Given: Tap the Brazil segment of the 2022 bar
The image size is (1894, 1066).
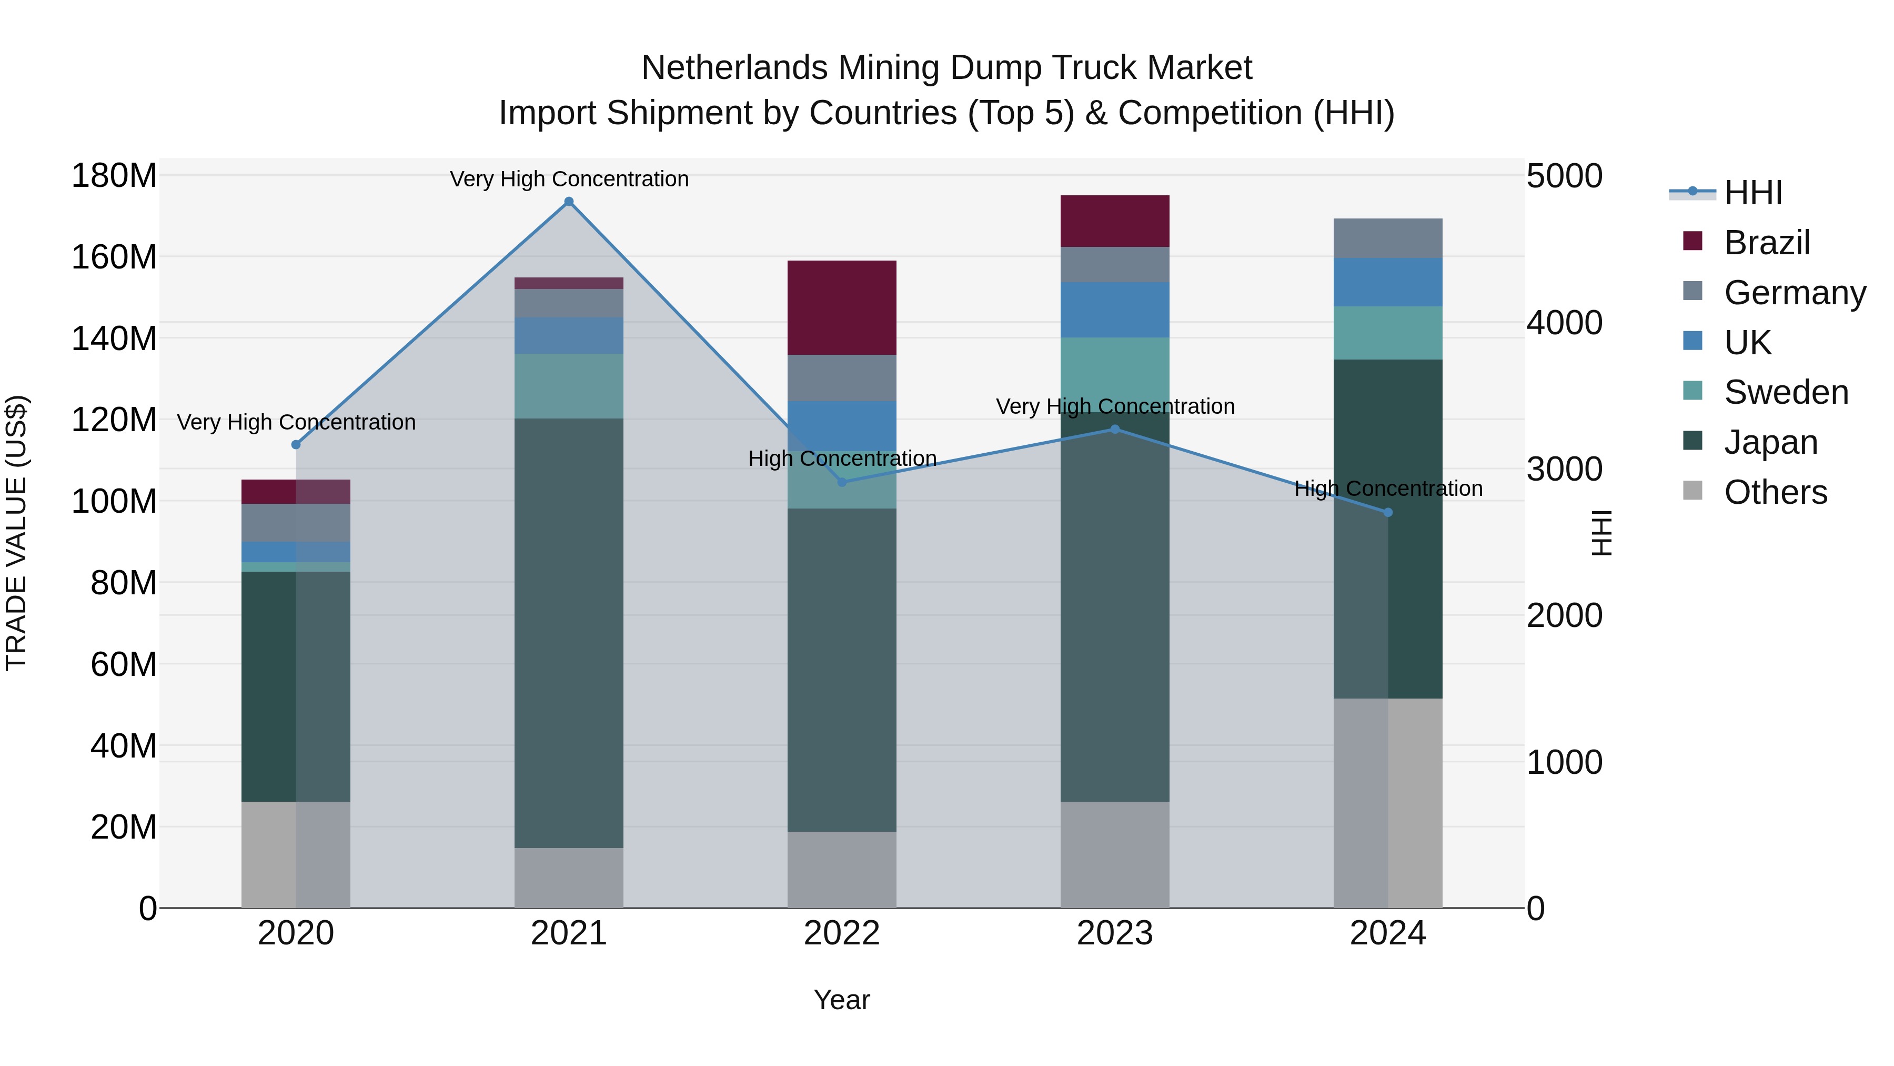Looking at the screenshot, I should pos(841,307).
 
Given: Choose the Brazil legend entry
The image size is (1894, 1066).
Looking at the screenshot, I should pos(1766,243).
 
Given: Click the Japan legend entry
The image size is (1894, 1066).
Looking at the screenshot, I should pos(1770,442).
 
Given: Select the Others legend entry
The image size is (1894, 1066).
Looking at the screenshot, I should pos(1775,492).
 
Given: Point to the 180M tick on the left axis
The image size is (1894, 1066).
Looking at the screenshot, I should pos(114,176).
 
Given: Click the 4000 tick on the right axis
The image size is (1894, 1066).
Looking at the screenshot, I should pos(1564,323).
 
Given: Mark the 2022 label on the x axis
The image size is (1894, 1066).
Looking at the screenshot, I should pos(841,933).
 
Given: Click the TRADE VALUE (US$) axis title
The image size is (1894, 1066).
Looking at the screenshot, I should pos(16,533).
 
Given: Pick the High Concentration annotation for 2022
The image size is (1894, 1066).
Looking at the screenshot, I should pos(841,459).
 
